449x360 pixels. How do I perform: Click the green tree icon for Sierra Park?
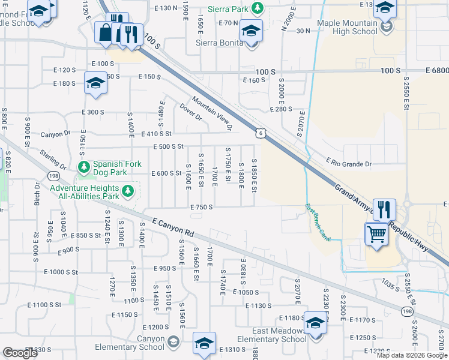click(x=257, y=8)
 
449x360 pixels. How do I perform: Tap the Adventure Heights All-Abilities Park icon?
click(x=127, y=191)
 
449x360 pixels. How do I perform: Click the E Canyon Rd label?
click(x=174, y=228)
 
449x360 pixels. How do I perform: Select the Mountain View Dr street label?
click(x=212, y=113)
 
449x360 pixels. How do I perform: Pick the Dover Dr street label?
click(x=190, y=112)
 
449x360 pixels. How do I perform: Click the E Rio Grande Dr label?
click(x=349, y=163)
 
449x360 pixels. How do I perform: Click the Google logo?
click(x=20, y=353)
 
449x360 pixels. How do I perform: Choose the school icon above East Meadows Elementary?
click(x=315, y=323)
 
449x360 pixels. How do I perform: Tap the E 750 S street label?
click(x=202, y=207)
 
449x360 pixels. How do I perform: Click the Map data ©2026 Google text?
click(x=411, y=355)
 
